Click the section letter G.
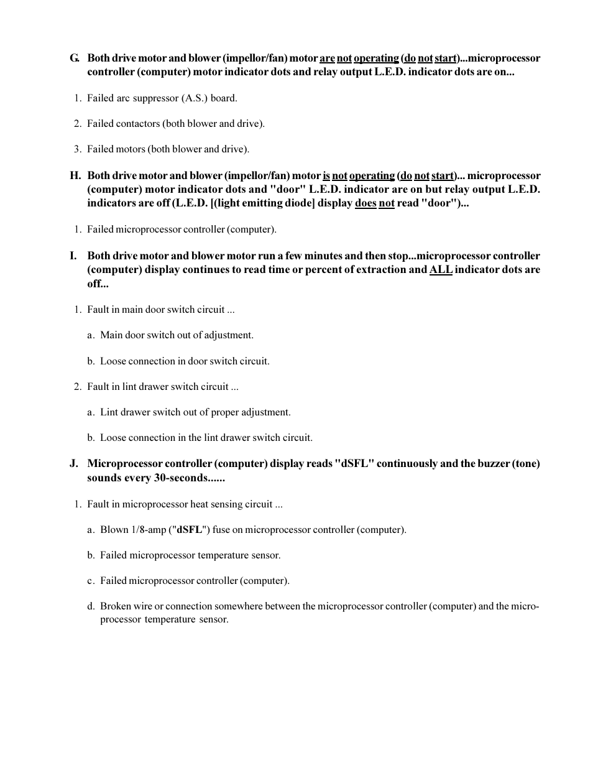pos(75,58)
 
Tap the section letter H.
pos(75,176)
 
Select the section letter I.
pos(73,256)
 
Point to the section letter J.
pos(74,464)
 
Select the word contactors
pos(139,124)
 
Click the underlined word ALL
pos(441,270)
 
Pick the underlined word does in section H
pos(365,203)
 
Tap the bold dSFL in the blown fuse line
pos(190,530)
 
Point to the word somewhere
pos(240,606)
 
